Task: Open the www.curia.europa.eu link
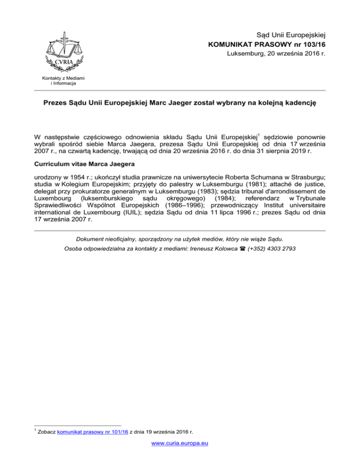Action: click(180, 457)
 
